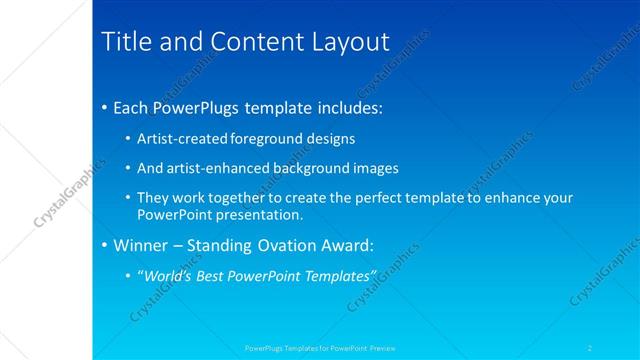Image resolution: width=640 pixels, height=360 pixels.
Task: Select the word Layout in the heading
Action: click(350, 42)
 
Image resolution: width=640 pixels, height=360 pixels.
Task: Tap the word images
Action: click(376, 168)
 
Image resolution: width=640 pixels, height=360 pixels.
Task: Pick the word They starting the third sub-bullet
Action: click(152, 198)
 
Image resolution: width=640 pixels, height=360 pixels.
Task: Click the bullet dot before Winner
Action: click(105, 245)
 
